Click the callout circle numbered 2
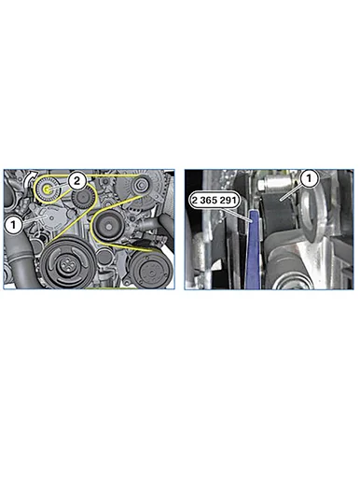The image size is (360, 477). click(x=76, y=180)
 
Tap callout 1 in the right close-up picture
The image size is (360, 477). click(x=309, y=178)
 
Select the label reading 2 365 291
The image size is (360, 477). click(x=215, y=201)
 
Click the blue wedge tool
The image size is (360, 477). click(x=254, y=249)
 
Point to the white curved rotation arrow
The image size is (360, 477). click(x=30, y=178)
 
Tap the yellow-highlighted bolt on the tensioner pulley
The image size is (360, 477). click(x=47, y=189)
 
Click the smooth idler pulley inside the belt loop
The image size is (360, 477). click(x=108, y=226)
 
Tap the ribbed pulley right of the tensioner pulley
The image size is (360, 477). click(x=82, y=199)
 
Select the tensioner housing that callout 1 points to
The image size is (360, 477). click(x=48, y=217)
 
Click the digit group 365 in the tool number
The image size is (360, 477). click(x=215, y=201)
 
